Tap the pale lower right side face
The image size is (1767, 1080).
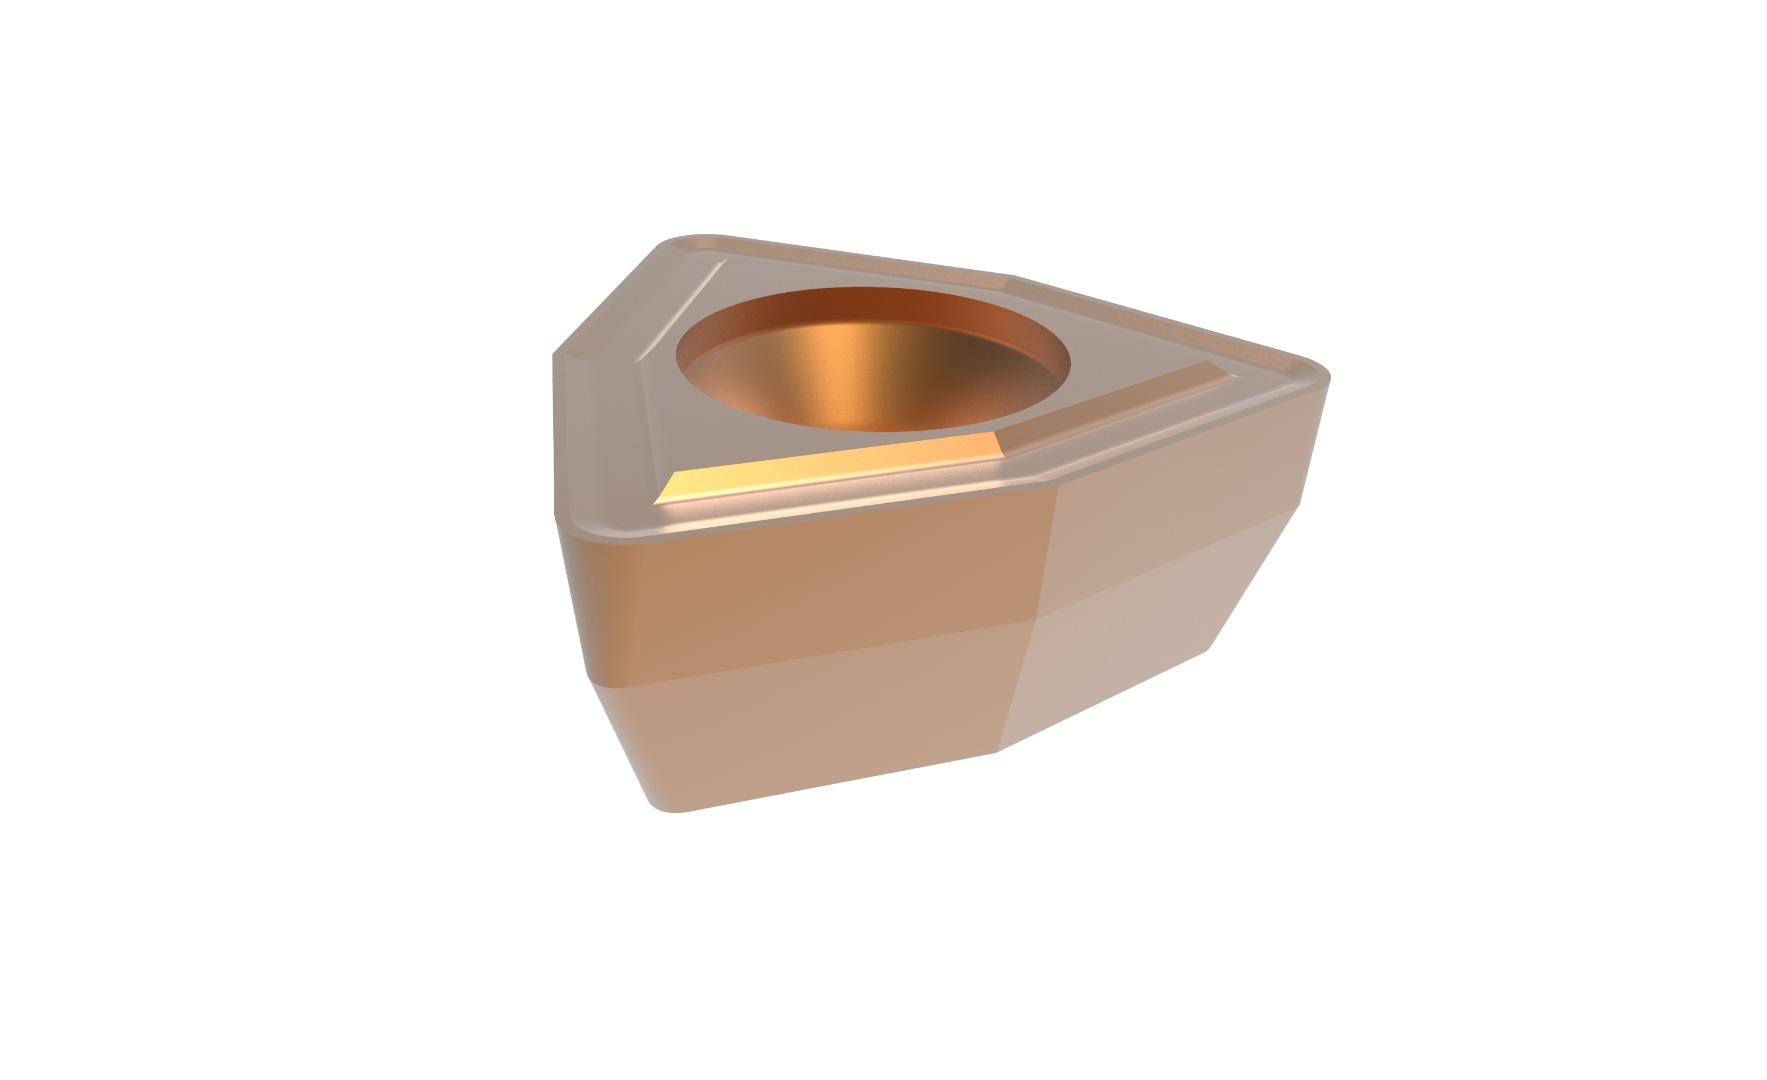[x=1133, y=645]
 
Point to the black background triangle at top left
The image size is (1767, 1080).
[x=588, y=273]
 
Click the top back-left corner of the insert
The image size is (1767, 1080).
[x=681, y=239]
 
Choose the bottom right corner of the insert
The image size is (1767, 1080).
[x=1210, y=649]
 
